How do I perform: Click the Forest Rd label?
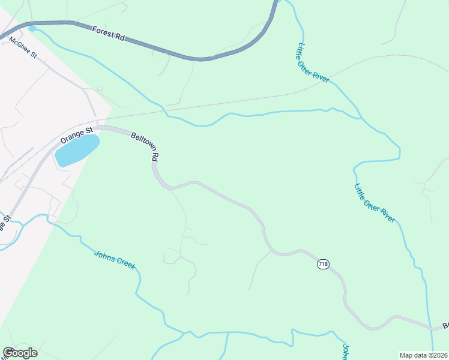(x=109, y=33)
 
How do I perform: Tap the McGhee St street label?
(x=23, y=47)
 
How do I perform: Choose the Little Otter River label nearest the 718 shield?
(x=374, y=203)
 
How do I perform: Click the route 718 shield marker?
(x=323, y=265)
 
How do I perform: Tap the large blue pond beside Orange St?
(x=77, y=151)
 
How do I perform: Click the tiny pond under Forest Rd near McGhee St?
(x=32, y=28)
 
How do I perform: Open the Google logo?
(x=20, y=352)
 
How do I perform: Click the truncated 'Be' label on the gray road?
(x=445, y=325)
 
